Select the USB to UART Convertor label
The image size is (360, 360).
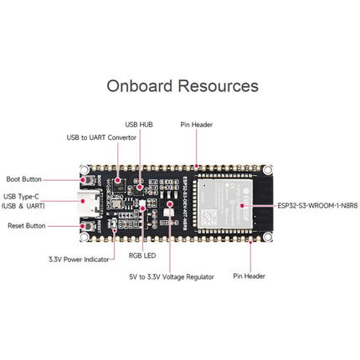(101, 137)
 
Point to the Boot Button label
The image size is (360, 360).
(24, 178)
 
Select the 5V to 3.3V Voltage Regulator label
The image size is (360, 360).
(171, 275)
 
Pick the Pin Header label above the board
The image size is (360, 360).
(197, 125)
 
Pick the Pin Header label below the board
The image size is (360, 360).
(249, 275)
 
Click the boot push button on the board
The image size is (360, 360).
(86, 179)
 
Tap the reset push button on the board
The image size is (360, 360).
(86, 225)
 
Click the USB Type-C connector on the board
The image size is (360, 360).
(86, 202)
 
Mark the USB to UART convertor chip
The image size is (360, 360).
(116, 179)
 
